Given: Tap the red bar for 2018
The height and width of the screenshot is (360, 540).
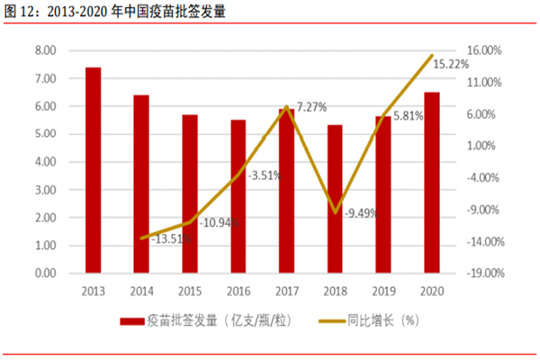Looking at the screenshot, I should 335,199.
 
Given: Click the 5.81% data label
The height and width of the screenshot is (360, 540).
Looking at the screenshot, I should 405,116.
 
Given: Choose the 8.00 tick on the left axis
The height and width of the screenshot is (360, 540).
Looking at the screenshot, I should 45,50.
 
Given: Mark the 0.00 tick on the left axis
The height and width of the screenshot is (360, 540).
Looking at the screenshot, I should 45,273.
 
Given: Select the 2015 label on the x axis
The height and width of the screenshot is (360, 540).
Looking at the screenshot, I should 190,290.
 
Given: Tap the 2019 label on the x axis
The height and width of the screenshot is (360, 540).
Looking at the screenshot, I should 383,290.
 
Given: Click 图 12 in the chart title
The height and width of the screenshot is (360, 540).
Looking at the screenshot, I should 20,12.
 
